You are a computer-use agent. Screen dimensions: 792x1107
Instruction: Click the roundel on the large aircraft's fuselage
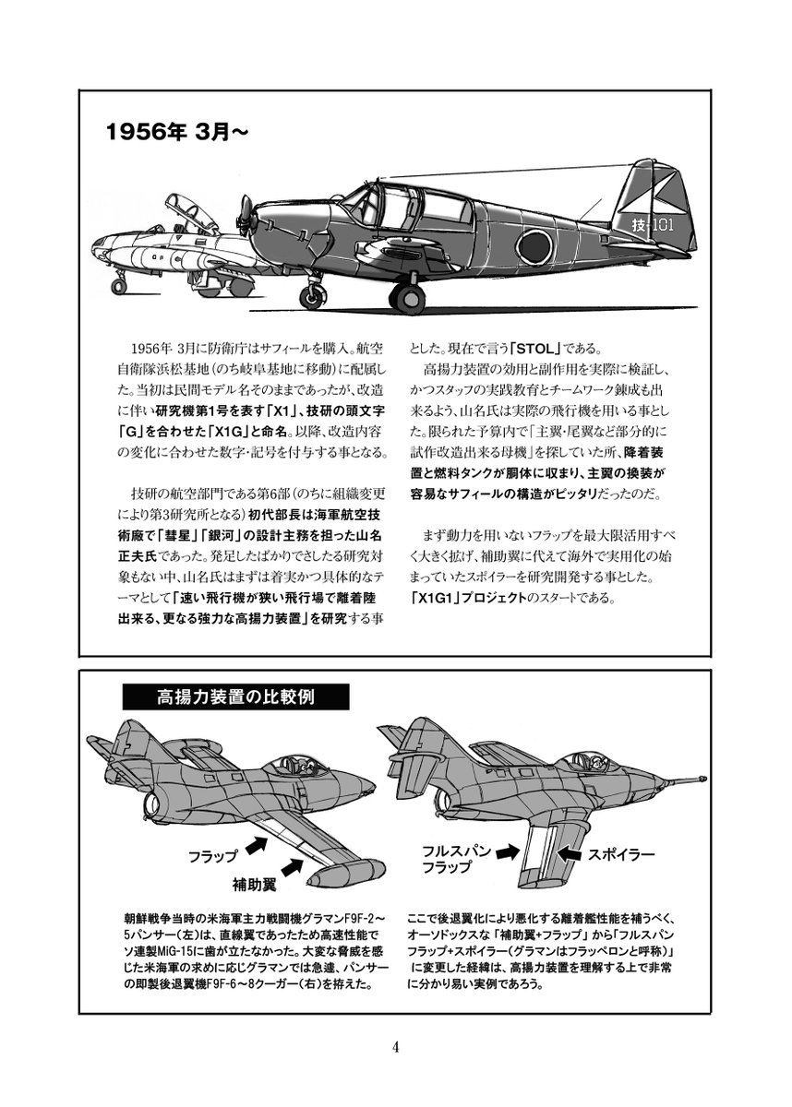(532, 245)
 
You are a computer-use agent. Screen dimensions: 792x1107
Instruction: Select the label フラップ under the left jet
(212, 855)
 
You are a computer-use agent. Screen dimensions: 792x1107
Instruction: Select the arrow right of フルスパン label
(508, 854)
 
